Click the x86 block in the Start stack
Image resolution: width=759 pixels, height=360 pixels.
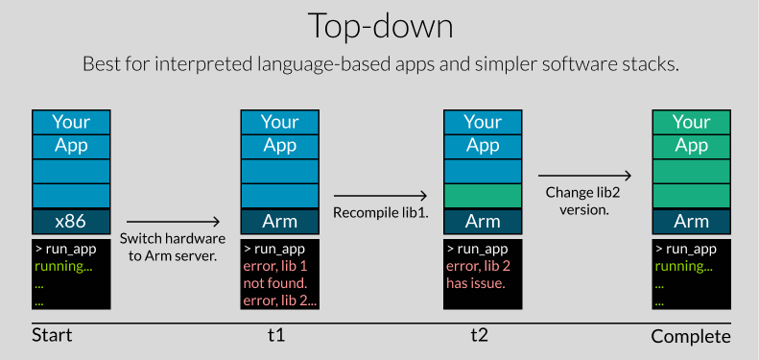[x=71, y=221]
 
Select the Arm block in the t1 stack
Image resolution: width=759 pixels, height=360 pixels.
[x=279, y=221]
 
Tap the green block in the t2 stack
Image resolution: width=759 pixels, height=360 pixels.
[x=482, y=196]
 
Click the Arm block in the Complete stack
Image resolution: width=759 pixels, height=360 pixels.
[x=691, y=221]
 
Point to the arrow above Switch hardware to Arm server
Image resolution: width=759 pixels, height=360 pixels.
[x=173, y=221]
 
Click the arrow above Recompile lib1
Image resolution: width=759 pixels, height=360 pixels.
[x=379, y=194]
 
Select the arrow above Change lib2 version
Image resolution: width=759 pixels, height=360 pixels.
[x=584, y=175]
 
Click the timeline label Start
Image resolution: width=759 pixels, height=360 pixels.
[x=52, y=336]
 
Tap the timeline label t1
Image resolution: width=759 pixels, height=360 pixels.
[x=278, y=336]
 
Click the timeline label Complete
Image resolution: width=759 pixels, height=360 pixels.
[x=691, y=337]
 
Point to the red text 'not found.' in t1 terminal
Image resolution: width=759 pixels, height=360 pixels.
[x=274, y=283]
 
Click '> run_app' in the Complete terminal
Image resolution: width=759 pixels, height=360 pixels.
[x=685, y=249]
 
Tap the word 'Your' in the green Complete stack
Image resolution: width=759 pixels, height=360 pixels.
[x=691, y=122]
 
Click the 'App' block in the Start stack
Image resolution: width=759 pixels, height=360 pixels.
[x=71, y=146]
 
